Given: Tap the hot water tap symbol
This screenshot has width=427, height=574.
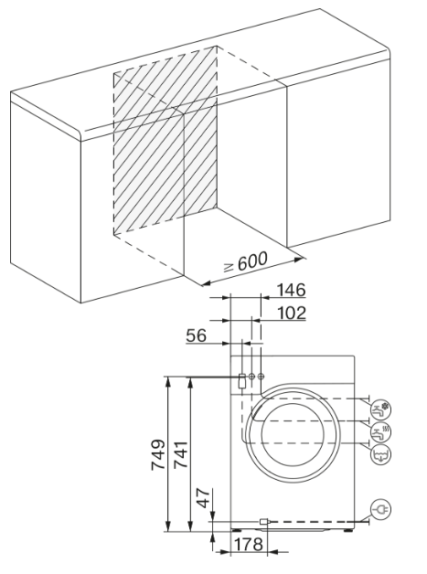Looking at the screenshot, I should click(379, 430).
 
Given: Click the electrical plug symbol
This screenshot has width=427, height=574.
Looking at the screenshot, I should click(379, 513).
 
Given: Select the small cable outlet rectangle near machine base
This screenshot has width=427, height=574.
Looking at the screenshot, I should click(264, 523).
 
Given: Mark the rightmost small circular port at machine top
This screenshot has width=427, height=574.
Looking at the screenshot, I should click(262, 377).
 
